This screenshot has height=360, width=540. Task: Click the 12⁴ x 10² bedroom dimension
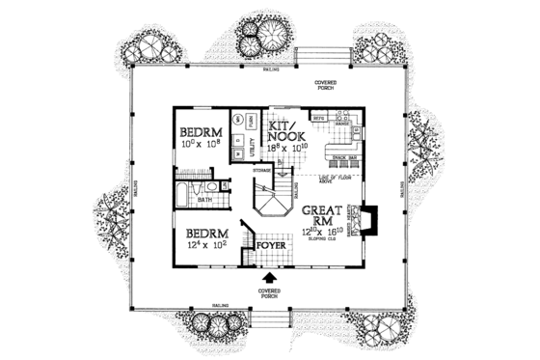click(203, 246)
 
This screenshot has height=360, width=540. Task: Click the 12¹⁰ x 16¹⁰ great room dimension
click(319, 232)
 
